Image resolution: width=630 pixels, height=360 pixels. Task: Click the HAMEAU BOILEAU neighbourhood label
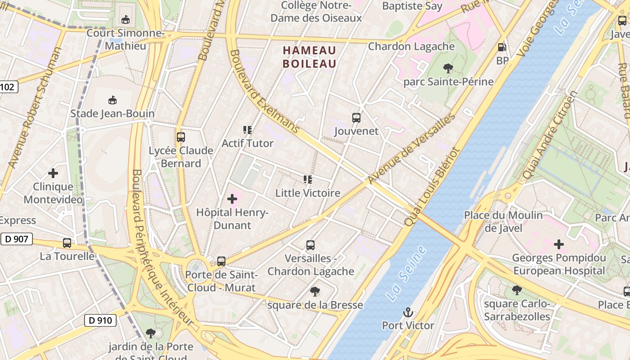(310, 57)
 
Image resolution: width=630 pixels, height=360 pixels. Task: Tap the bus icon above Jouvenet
(356, 118)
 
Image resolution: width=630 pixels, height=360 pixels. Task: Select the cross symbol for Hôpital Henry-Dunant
(232, 198)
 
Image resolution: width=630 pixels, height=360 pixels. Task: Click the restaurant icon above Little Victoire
(308, 180)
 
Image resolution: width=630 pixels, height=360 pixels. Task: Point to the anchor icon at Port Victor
(408, 312)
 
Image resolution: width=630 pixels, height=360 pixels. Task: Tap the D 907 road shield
(17, 239)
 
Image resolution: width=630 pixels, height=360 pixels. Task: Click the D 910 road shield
(100, 320)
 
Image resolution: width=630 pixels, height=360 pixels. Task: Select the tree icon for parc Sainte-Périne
(448, 68)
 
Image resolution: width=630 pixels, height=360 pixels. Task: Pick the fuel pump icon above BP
(502, 47)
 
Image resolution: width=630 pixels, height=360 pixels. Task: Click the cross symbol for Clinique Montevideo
(53, 173)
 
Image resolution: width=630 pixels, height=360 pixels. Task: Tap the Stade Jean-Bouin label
(112, 113)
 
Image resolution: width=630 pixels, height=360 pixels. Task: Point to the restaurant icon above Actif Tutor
(247, 130)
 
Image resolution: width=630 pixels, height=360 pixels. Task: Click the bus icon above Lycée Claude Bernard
(181, 137)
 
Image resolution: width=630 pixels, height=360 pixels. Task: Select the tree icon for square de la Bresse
(315, 292)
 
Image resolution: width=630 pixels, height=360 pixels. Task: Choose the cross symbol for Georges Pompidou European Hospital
(559, 244)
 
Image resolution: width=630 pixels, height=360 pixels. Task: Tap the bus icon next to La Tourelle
(67, 243)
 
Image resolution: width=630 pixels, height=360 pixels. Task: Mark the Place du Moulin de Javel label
(504, 221)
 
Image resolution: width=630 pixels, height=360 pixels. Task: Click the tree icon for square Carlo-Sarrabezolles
(517, 290)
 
